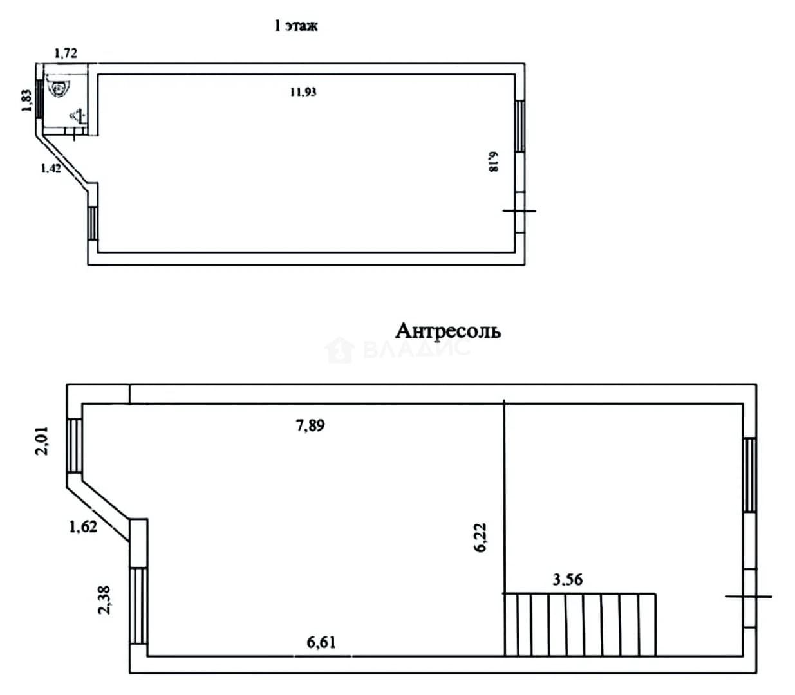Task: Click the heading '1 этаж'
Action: [296, 26]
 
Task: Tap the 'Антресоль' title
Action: [448, 331]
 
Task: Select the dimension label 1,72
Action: [66, 53]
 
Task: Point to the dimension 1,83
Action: [26, 100]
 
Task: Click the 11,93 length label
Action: [303, 92]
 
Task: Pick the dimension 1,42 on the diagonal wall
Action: [51, 168]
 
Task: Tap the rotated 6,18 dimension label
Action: [492, 162]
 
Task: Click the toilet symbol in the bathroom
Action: [59, 88]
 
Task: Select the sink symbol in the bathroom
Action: [78, 116]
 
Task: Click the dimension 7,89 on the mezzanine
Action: [310, 425]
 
